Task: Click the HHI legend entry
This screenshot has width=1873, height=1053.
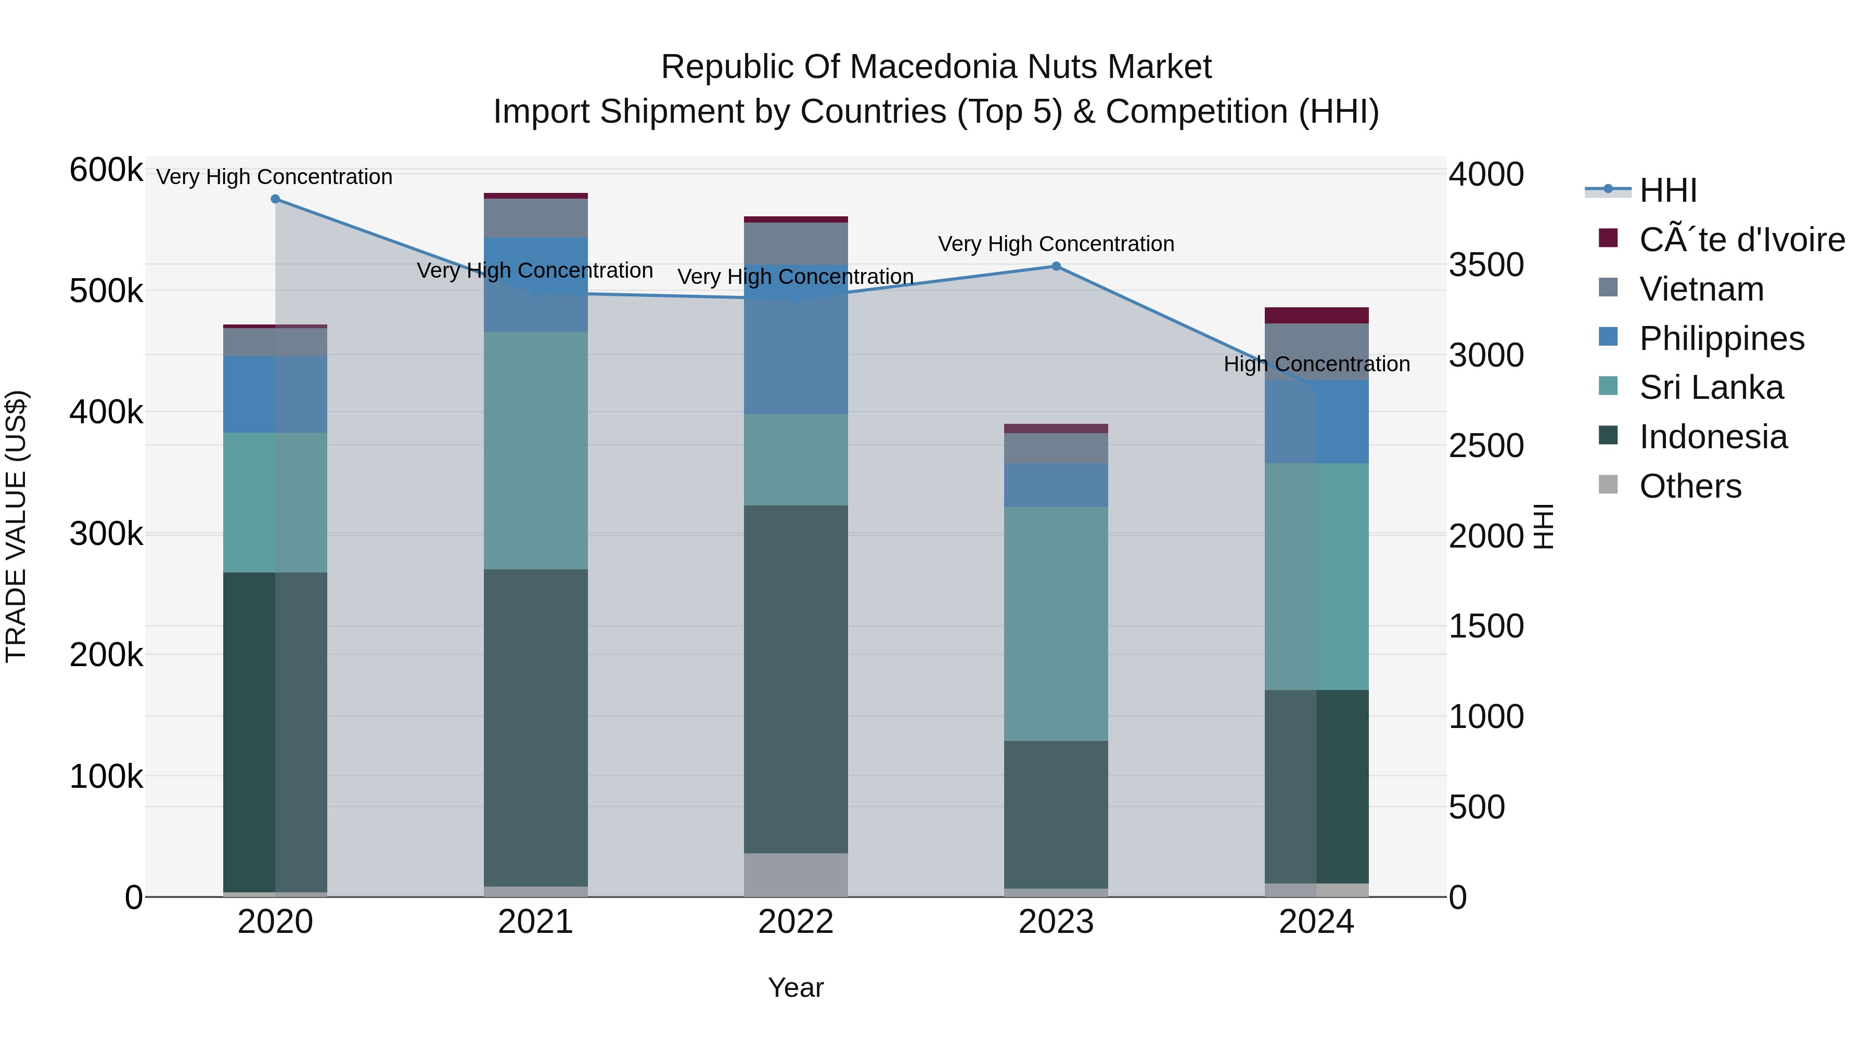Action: tap(1667, 190)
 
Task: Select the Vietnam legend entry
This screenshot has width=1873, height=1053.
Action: tap(1701, 289)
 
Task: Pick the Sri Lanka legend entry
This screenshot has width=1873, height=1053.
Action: tap(1710, 387)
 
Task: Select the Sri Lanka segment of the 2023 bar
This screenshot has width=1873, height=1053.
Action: tap(1056, 623)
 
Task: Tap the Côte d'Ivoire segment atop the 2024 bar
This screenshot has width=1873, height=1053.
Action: tap(1316, 316)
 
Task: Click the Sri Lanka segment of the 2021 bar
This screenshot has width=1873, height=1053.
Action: tap(535, 450)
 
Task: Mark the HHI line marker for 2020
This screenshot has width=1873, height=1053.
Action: tap(275, 199)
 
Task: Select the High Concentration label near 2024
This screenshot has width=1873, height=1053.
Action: tap(1316, 364)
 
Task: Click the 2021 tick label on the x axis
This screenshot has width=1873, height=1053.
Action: tap(535, 922)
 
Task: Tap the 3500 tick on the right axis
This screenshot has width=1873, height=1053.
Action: tap(1485, 265)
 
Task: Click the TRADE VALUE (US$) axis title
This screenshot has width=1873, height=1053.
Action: tap(16, 526)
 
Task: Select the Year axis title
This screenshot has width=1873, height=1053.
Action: tap(796, 987)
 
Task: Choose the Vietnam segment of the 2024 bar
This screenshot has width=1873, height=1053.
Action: tap(1316, 351)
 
